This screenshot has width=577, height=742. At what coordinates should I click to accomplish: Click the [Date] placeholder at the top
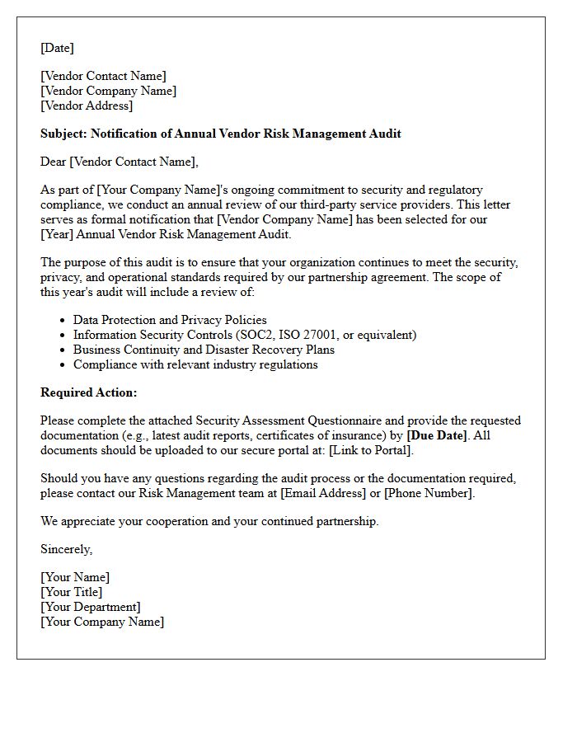point(57,48)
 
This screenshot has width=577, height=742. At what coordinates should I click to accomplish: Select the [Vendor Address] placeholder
point(87,106)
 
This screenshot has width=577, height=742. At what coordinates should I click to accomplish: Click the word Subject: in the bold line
point(63,134)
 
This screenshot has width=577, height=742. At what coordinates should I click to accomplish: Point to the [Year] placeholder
point(57,234)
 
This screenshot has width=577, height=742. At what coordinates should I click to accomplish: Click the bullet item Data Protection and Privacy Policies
point(170,320)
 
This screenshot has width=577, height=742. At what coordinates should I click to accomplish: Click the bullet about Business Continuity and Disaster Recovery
point(204,350)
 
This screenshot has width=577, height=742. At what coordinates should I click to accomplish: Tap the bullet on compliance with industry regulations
point(195,364)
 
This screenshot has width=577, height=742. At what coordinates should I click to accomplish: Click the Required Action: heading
point(89,392)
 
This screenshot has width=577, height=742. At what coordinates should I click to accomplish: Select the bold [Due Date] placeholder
point(437,435)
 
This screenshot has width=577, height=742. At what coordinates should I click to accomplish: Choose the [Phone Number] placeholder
point(429,493)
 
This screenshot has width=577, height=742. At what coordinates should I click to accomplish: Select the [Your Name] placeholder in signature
point(75,577)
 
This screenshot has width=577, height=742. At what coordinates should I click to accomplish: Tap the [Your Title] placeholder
point(72,592)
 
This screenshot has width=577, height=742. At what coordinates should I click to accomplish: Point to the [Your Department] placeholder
point(91,607)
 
